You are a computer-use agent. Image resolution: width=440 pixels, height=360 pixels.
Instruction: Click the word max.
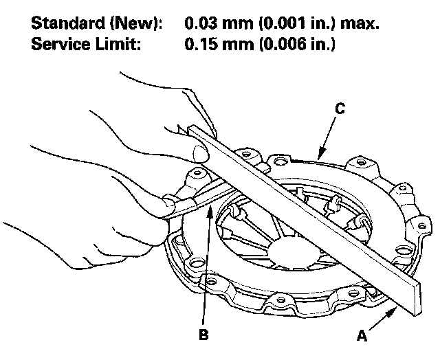pos(361,24)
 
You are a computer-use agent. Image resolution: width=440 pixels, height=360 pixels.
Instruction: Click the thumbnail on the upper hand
pos(199,153)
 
